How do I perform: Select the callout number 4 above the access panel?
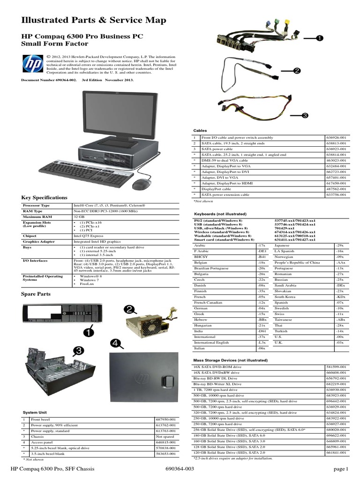tap(115, 344)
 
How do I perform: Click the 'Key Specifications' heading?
tap(45, 198)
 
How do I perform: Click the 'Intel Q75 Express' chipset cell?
tap(90, 236)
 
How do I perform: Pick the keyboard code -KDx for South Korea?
tap(340, 297)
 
